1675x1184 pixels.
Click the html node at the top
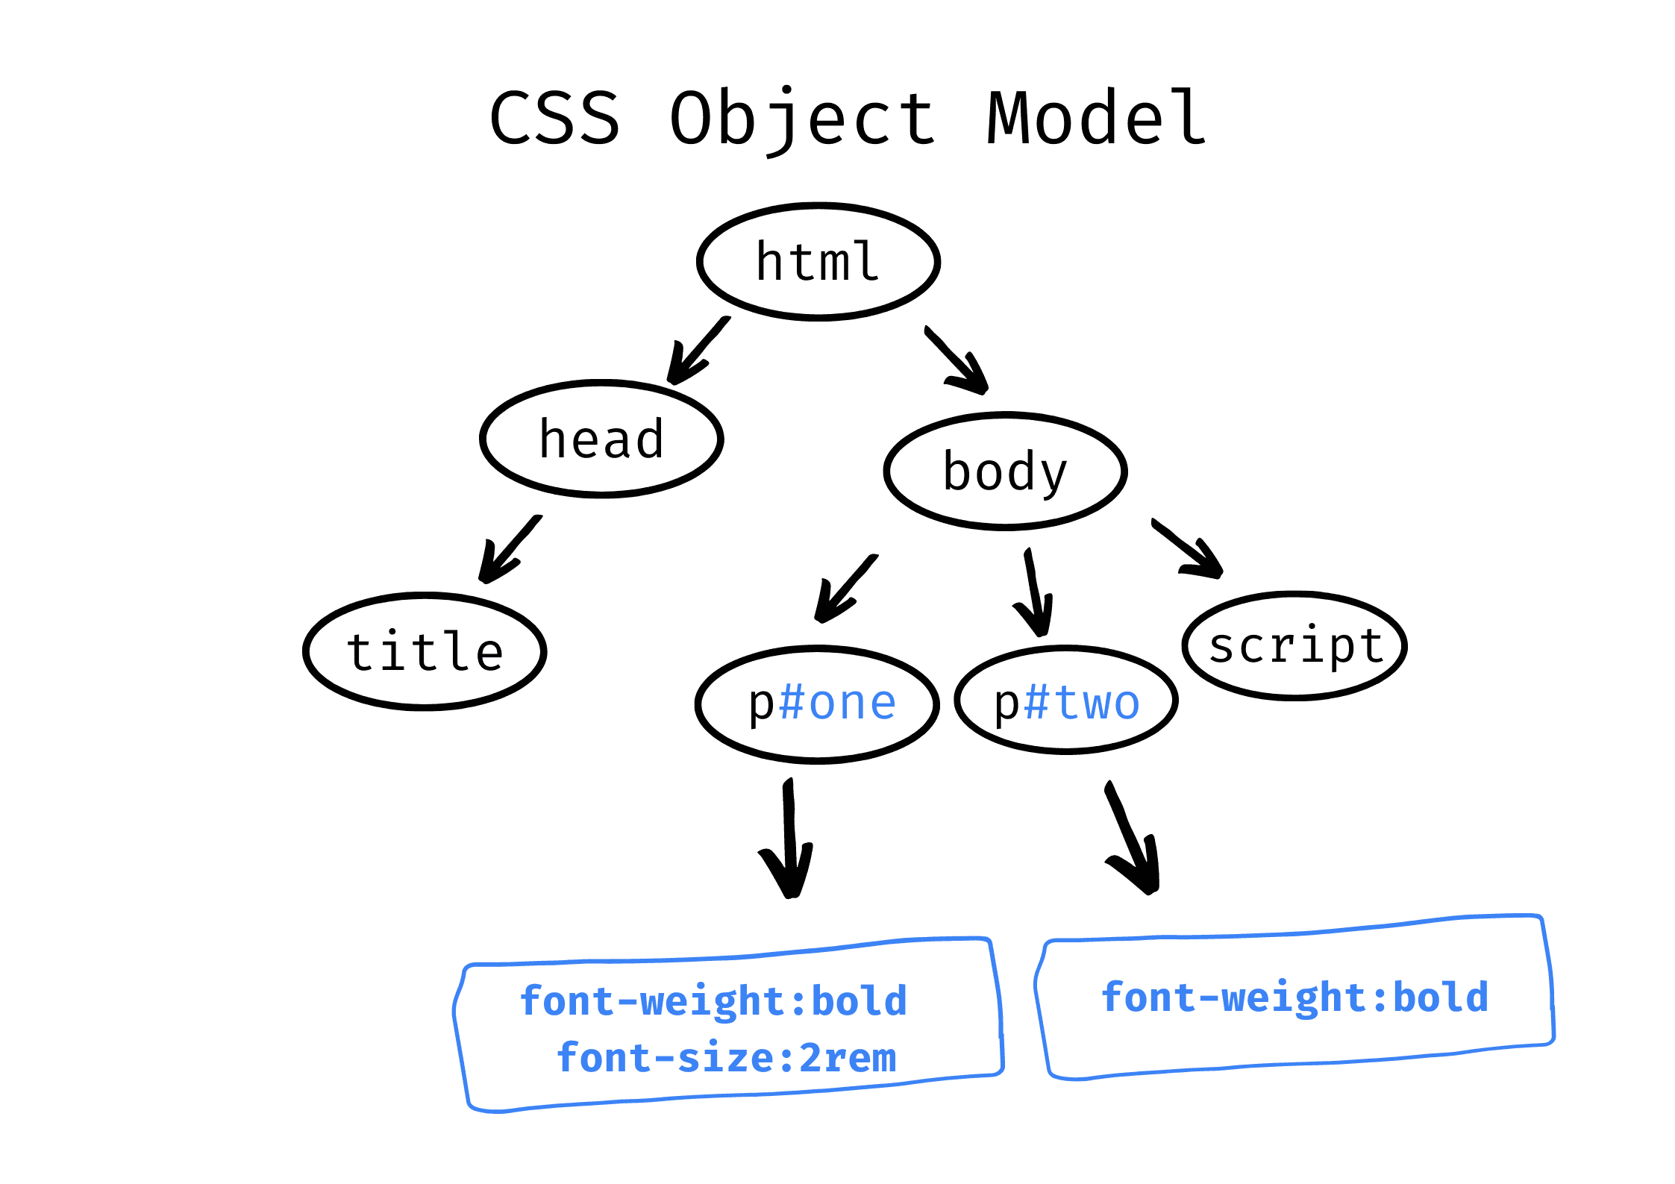coord(818,262)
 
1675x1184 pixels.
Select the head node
coord(601,439)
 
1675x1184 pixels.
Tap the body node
coord(1005,471)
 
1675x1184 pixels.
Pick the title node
coord(425,651)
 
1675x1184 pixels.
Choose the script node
coord(1294,646)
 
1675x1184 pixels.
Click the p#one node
coord(818,704)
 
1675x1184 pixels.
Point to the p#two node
coord(1066,701)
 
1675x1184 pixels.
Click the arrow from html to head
coord(698,351)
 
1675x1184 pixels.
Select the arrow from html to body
coord(957,360)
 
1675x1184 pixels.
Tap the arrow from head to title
coord(510,549)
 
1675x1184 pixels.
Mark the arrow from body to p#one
coord(846,589)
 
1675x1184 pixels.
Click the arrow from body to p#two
coord(1035,592)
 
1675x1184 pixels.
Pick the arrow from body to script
coord(1187,548)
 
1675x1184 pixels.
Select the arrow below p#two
coord(1133,837)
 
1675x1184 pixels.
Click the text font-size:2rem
coord(727,1058)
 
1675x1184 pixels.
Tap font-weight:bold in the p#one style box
coord(713,1001)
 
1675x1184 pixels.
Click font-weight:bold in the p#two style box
coord(1295,998)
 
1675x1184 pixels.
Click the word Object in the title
coord(802,119)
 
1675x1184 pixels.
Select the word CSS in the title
coord(555,118)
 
